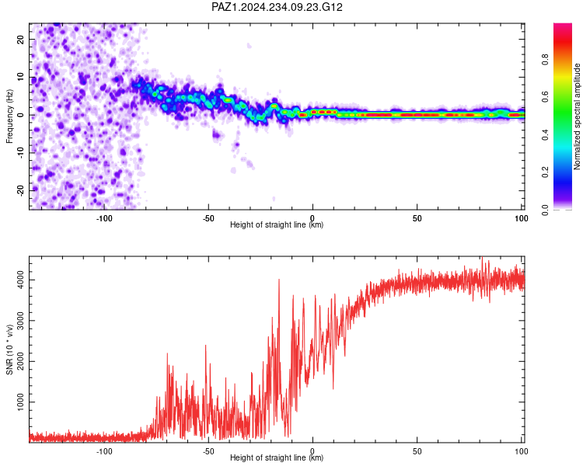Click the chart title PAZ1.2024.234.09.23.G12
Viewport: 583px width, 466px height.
(277, 7)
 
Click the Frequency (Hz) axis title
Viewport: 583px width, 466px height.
(9, 116)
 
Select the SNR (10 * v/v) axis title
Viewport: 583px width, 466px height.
(9, 349)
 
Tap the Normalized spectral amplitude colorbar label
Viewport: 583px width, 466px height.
(577, 116)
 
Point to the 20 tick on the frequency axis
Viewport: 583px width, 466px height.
(20, 39)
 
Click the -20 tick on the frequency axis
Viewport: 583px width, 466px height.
(20, 190)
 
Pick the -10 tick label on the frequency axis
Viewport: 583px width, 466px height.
(20, 153)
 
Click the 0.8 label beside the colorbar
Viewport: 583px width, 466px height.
(545, 60)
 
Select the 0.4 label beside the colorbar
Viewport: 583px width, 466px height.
(545, 135)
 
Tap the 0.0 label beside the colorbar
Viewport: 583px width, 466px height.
(545, 210)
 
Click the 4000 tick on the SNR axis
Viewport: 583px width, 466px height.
(20, 280)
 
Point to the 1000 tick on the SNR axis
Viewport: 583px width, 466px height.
(20, 402)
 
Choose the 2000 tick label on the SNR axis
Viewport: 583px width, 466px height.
(20, 361)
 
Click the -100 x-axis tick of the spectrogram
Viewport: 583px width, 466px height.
(103, 218)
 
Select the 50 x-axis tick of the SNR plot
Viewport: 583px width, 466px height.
(417, 451)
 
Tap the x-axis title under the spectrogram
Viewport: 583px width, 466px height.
(277, 224)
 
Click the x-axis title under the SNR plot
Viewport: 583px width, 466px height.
(277, 457)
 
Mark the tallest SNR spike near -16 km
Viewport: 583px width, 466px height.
(279, 280)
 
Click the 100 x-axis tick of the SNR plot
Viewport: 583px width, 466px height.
(522, 451)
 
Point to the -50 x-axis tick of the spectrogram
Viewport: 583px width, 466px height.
(208, 218)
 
